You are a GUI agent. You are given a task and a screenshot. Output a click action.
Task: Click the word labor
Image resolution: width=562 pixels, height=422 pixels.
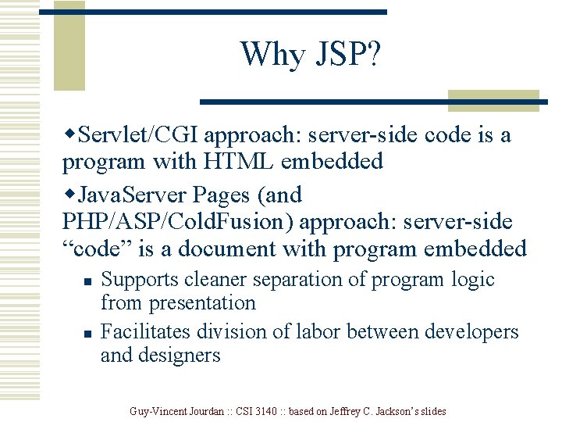click(x=320, y=332)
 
